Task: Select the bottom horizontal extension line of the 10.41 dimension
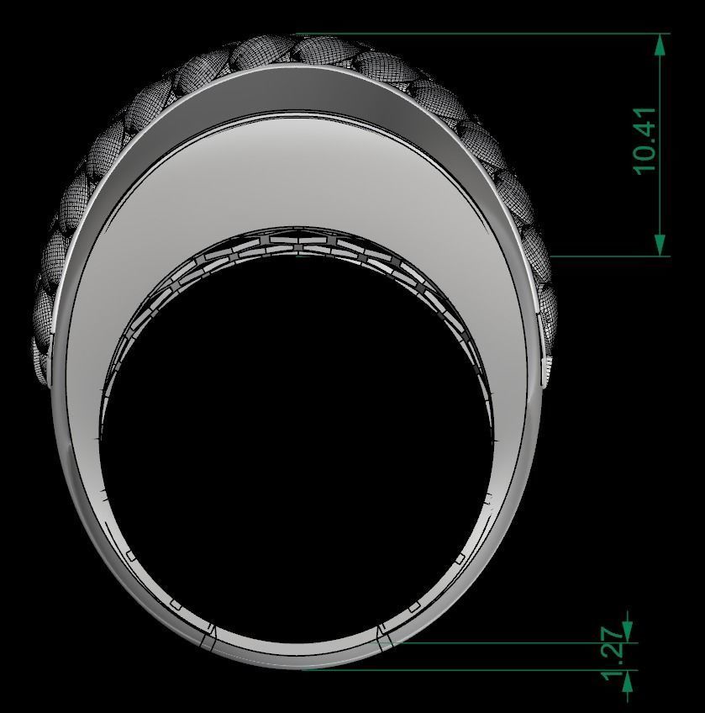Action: [605, 256]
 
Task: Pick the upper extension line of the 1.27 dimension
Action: [504, 643]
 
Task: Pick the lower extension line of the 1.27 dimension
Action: [462, 670]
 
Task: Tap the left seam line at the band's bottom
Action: [208, 638]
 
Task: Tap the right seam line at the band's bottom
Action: [385, 638]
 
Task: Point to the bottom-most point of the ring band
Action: [298, 668]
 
